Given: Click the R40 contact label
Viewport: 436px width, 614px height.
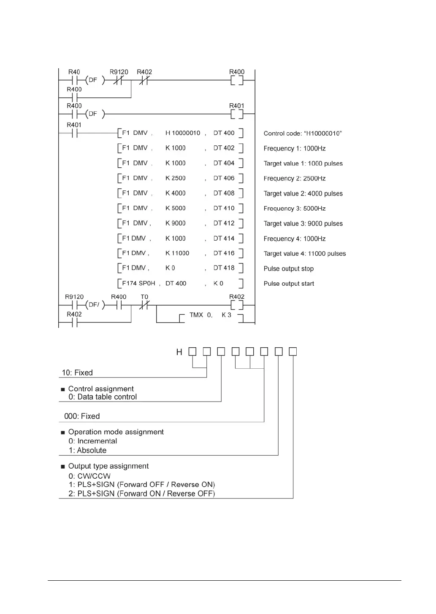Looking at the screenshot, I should tap(74, 72).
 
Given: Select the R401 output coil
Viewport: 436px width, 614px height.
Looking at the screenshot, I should tap(237, 114).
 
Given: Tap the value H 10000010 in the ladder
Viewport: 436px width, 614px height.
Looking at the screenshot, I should tap(183, 133).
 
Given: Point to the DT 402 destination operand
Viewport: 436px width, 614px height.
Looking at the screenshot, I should tap(224, 148).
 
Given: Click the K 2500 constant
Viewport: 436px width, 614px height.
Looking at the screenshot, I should tap(175, 178).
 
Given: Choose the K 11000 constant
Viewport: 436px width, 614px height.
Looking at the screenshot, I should tap(177, 253).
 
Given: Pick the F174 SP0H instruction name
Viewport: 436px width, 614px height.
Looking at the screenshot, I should tap(138, 284).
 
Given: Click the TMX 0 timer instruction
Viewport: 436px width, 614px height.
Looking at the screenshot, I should tap(201, 315).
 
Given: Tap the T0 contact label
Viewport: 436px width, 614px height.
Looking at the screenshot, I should tap(144, 297).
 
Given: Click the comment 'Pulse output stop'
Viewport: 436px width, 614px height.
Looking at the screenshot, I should tap(289, 269).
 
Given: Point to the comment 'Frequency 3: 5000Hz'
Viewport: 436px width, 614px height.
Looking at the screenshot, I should tap(295, 209).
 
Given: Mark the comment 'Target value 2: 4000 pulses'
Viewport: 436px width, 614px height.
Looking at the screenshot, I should tap(303, 193).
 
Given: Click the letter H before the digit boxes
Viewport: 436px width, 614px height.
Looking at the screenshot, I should tap(179, 352).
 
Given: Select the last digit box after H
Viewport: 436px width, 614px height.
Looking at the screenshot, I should tap(293, 351).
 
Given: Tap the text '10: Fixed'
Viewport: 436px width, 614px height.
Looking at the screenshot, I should tap(77, 373).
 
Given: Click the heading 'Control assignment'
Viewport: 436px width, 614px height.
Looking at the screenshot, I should tap(101, 389).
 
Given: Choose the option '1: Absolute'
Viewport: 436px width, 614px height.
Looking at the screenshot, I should tap(87, 450).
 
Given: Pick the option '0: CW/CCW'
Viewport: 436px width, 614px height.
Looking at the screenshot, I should tap(89, 476).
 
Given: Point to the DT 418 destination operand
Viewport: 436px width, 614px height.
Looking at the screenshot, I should tap(224, 268).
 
